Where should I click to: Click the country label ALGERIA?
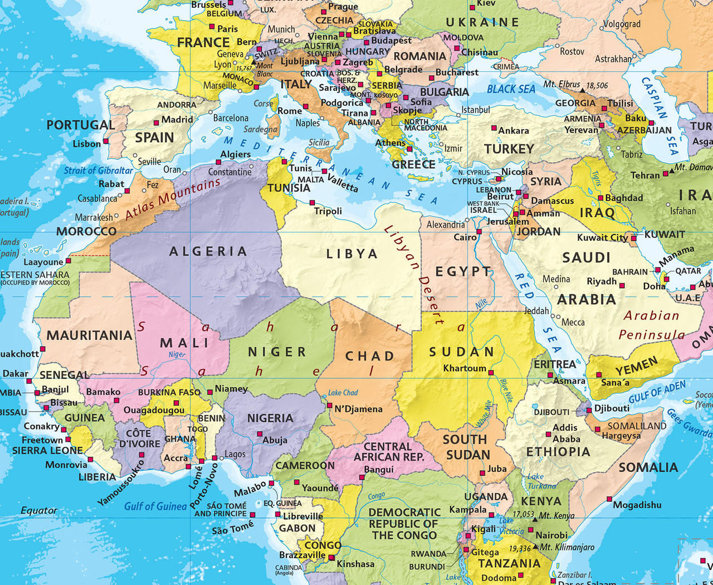[x=208, y=252]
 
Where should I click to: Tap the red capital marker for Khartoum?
[x=491, y=372]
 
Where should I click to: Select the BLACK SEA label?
[x=511, y=89]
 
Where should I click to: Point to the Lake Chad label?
[x=343, y=393]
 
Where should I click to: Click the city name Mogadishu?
[x=637, y=505]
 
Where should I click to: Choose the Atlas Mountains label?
[x=173, y=199]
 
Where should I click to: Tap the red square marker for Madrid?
[x=157, y=123]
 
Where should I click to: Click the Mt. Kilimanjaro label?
[x=567, y=547]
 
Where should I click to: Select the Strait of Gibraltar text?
[x=98, y=170]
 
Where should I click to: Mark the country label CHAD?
[x=370, y=356]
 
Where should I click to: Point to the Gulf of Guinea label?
[x=155, y=506]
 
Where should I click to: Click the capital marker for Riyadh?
[x=622, y=286]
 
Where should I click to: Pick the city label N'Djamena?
[x=358, y=409]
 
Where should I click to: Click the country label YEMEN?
[x=636, y=366]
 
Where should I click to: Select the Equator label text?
[x=39, y=510]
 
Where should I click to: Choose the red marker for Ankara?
[x=494, y=128]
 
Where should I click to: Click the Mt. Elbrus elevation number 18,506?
[x=597, y=85]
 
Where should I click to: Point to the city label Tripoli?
[x=328, y=211]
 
